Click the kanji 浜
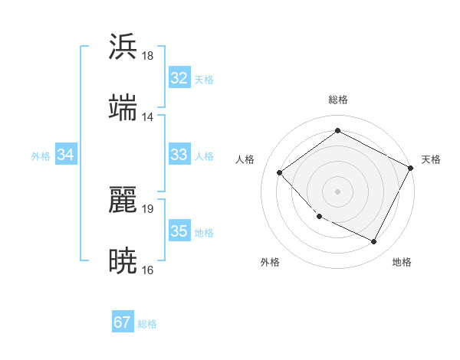[x=123, y=47]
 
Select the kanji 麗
[x=123, y=199]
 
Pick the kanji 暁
[x=123, y=261]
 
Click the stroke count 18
[x=148, y=56]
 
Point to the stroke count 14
[x=148, y=117]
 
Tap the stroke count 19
[x=148, y=208]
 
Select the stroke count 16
[x=148, y=270]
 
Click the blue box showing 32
[x=179, y=78]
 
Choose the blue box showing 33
[x=179, y=155]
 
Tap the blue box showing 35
[x=179, y=231]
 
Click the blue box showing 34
[x=66, y=155]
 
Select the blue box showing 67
[x=123, y=322]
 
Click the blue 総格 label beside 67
[x=148, y=324]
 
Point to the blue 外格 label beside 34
[x=41, y=156]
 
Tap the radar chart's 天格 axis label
[x=431, y=159]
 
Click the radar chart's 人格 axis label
[x=245, y=159]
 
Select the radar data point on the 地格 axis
[x=374, y=242]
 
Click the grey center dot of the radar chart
[x=337, y=191]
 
